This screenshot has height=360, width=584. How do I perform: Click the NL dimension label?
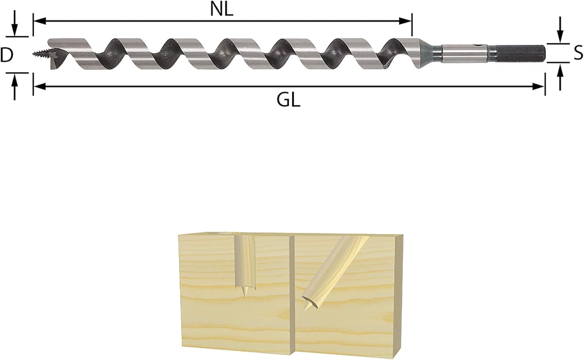(x=222, y=10)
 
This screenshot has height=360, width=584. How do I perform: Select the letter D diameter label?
(x=7, y=55)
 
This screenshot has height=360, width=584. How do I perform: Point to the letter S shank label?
(x=578, y=52)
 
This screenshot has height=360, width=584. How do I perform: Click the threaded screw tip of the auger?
(x=41, y=54)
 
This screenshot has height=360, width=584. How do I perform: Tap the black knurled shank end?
(x=519, y=53)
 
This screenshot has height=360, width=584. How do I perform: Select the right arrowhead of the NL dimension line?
(x=405, y=21)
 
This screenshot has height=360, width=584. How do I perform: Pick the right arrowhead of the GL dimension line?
(x=538, y=86)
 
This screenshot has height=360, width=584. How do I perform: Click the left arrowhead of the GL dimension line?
(x=40, y=86)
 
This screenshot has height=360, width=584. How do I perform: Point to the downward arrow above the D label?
(x=15, y=23)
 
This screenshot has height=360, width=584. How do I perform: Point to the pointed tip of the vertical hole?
(x=245, y=296)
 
